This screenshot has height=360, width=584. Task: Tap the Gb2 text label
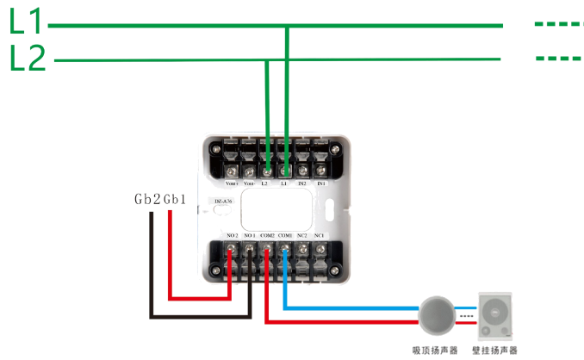coord(147,200)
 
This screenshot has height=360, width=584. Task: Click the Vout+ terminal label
coord(231,183)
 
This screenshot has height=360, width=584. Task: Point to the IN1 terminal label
coord(321,183)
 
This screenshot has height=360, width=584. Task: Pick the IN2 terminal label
coord(303,183)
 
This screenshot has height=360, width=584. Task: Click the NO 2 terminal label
coord(232,235)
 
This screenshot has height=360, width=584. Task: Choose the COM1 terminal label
coord(285,235)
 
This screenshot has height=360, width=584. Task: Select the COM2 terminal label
coord(267,235)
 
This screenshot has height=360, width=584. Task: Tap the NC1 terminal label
coord(320,235)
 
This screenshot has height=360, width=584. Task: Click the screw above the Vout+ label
coord(231,158)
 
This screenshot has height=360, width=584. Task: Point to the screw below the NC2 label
coord(303,251)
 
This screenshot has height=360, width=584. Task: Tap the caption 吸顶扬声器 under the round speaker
coord(437,350)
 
